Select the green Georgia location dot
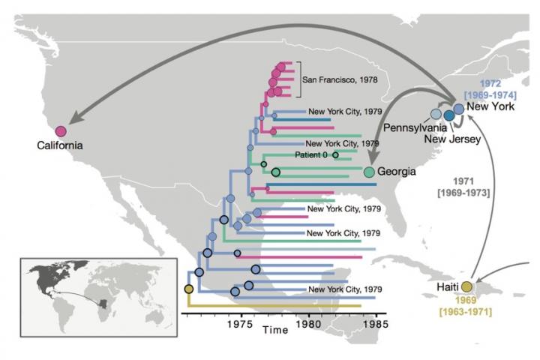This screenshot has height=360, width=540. pos(369,172)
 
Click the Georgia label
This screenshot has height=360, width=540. pos(397,172)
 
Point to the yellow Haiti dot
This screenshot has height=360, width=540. pos(466,286)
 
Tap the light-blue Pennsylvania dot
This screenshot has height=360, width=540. pos(435,114)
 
